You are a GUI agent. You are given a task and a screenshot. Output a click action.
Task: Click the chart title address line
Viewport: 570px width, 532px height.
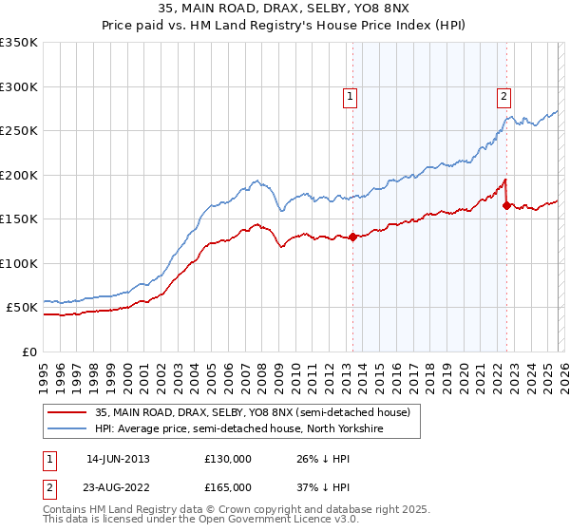(x=285, y=9)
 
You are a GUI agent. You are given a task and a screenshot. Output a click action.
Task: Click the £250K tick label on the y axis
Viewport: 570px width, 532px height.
(x=19, y=131)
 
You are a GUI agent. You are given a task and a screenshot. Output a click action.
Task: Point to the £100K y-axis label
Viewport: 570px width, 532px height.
(x=19, y=263)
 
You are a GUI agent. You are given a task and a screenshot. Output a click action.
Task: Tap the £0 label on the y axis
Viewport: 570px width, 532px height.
(x=28, y=352)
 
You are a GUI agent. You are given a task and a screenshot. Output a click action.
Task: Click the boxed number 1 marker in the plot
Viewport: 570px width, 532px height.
(x=351, y=96)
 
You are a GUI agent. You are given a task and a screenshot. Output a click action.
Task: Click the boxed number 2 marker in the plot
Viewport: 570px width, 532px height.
(x=503, y=96)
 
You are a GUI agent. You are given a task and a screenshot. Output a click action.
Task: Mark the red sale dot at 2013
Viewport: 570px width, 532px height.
(x=352, y=237)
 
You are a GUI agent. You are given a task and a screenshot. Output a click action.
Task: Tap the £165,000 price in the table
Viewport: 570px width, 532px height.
(x=228, y=487)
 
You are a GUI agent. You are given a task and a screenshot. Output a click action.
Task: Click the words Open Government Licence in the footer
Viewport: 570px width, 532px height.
(x=276, y=522)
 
